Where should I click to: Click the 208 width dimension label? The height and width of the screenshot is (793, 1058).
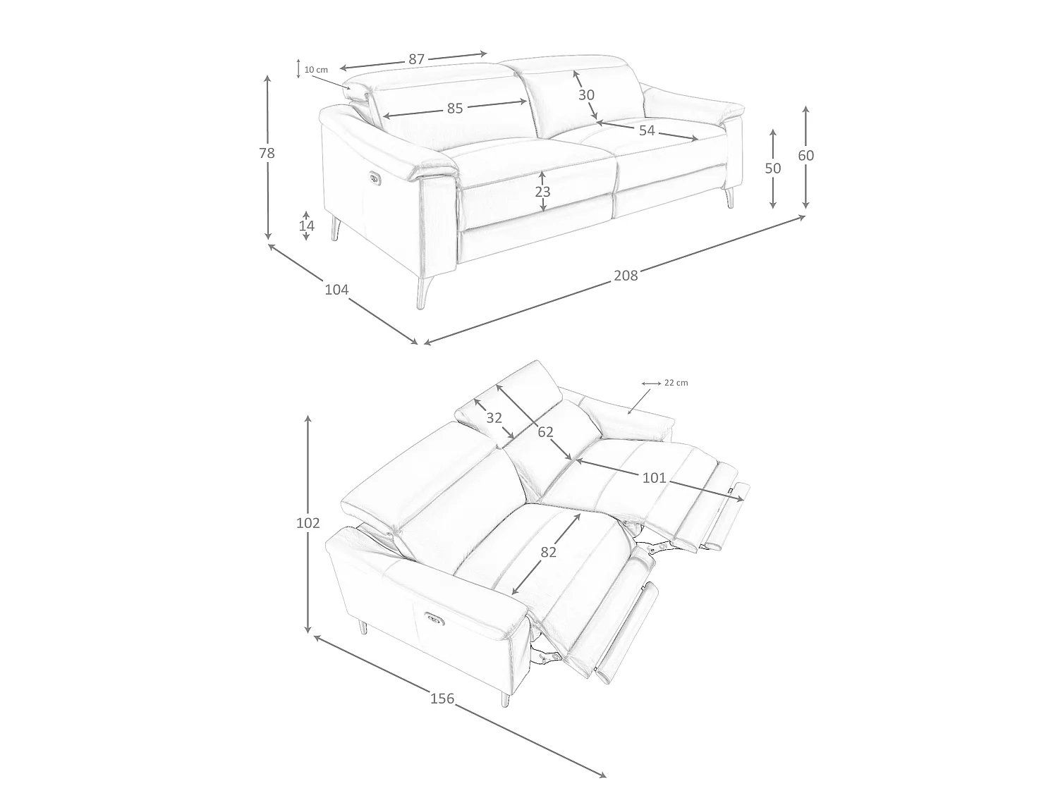click(625, 276)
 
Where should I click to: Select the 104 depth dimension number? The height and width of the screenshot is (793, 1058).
click(336, 290)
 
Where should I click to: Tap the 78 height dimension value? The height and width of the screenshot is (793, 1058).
click(267, 153)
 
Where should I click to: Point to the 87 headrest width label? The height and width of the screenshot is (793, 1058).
click(416, 59)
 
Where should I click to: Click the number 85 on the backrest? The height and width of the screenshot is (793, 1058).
click(454, 109)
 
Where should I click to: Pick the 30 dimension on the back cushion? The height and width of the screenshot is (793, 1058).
click(586, 95)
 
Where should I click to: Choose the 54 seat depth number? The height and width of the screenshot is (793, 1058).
click(646, 130)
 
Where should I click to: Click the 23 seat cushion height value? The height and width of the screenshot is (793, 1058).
click(542, 192)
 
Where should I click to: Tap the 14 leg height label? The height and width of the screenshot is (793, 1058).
click(306, 226)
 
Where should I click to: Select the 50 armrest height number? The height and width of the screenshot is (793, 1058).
click(772, 168)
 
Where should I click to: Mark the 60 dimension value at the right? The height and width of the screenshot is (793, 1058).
click(805, 156)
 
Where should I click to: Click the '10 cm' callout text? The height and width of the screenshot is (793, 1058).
click(316, 70)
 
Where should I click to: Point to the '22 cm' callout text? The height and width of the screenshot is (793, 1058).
click(676, 383)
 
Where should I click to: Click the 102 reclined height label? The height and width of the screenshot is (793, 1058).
click(308, 523)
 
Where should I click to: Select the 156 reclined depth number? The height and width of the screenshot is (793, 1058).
click(442, 699)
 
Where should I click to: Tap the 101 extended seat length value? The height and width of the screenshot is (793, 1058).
click(654, 478)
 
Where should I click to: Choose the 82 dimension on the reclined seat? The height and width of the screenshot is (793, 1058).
click(548, 552)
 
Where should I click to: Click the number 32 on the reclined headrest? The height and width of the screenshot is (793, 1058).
click(494, 418)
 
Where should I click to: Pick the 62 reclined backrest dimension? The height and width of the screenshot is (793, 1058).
click(545, 432)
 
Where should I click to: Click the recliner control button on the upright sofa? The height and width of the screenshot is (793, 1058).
click(375, 178)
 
